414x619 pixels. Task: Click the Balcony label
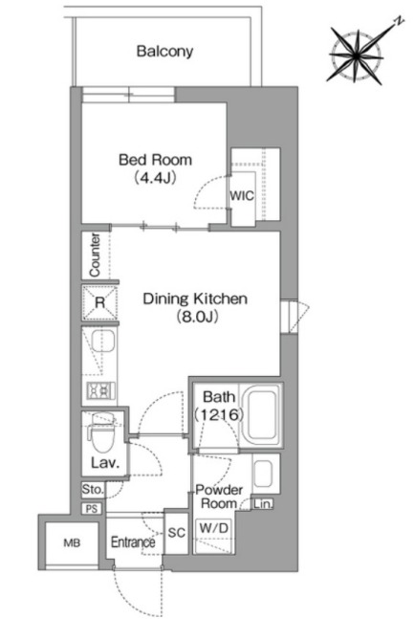click(164, 52)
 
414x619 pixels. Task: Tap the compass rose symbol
click(358, 55)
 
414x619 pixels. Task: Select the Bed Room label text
click(155, 160)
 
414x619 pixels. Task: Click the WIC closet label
click(242, 196)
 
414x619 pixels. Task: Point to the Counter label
click(95, 255)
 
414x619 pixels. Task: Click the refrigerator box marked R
click(99, 302)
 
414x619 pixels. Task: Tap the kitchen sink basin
click(103, 341)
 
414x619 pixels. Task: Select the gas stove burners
click(101, 390)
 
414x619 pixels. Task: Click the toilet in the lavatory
click(101, 432)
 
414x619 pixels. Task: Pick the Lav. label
click(105, 463)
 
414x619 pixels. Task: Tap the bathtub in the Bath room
click(261, 414)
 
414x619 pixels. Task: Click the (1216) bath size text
click(218, 414)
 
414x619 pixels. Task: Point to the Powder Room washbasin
click(263, 474)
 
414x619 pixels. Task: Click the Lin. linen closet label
click(262, 504)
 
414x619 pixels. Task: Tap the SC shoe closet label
click(177, 533)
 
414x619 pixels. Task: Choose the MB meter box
click(72, 543)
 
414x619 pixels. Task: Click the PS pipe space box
click(92, 509)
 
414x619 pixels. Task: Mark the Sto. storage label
click(93, 490)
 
